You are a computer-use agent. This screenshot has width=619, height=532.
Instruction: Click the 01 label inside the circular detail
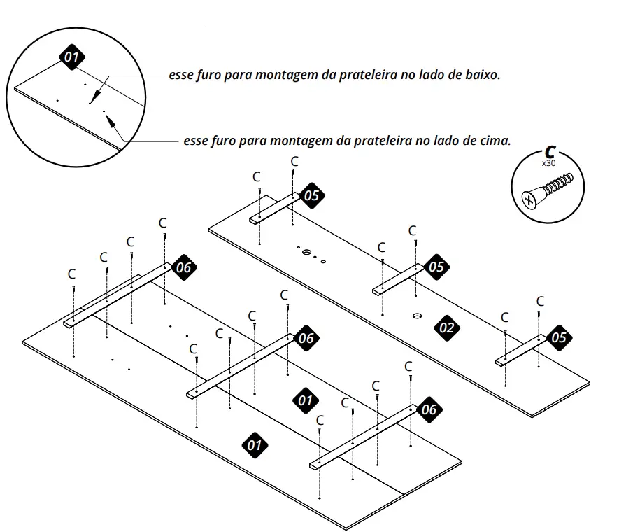72,57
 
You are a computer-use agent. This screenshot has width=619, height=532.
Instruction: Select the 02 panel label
446,328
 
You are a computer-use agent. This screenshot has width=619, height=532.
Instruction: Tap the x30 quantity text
549,163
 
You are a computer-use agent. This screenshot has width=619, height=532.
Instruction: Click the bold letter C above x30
550,152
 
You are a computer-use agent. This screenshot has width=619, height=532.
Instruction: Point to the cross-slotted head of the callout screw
529,199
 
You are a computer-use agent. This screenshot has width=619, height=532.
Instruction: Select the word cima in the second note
496,141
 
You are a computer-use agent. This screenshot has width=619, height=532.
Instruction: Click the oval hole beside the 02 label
417,316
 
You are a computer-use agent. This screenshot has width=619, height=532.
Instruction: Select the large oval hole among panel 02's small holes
307,252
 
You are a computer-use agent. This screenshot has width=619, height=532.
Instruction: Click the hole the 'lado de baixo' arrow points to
90,103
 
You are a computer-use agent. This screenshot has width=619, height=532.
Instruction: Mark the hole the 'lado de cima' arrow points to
104,111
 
